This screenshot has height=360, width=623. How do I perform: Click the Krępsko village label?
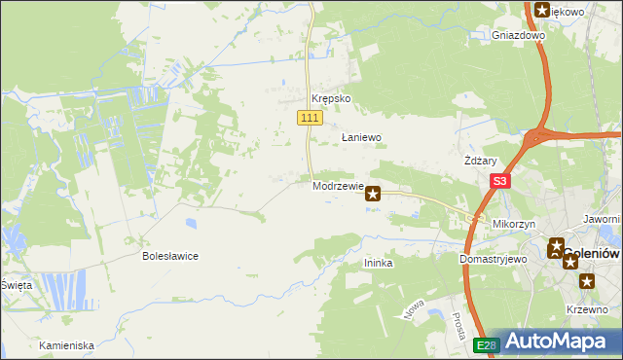pyautogui.click(x=330, y=99)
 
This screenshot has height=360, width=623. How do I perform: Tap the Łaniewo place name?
pyautogui.click(x=360, y=138)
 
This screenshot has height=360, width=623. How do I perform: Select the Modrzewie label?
pyautogui.click(x=338, y=186)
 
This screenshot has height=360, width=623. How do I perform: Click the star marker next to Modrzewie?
pyautogui.click(x=373, y=195)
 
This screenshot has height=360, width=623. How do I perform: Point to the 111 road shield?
pyautogui.click(x=309, y=118)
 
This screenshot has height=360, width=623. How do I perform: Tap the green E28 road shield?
pyautogui.click(x=486, y=344)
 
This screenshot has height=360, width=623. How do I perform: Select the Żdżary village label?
pyautogui.click(x=481, y=162)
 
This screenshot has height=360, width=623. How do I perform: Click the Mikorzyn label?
pyautogui.click(x=514, y=224)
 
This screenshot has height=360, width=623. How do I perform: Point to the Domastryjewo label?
pyautogui.click(x=493, y=260)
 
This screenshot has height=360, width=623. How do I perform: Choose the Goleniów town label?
pyautogui.click(x=592, y=253)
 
